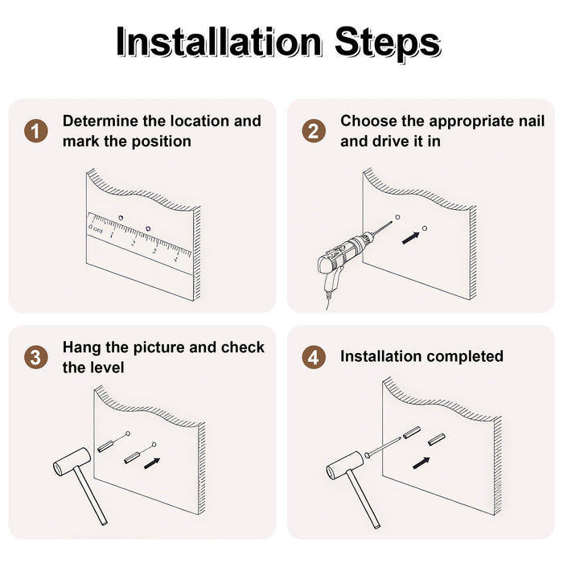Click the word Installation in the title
(x=219, y=43)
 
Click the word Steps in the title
(x=388, y=43)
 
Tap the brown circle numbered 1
(x=36, y=131)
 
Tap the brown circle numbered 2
(x=314, y=131)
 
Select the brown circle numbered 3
(x=36, y=358)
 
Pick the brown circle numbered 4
(x=314, y=358)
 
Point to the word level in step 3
(x=108, y=368)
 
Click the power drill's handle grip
(x=331, y=278)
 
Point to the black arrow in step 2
(x=410, y=238)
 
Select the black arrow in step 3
(x=152, y=463)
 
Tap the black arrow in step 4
(x=421, y=463)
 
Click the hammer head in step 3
(x=72, y=462)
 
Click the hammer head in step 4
(x=345, y=466)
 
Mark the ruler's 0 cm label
(x=96, y=228)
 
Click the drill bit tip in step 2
(x=392, y=222)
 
